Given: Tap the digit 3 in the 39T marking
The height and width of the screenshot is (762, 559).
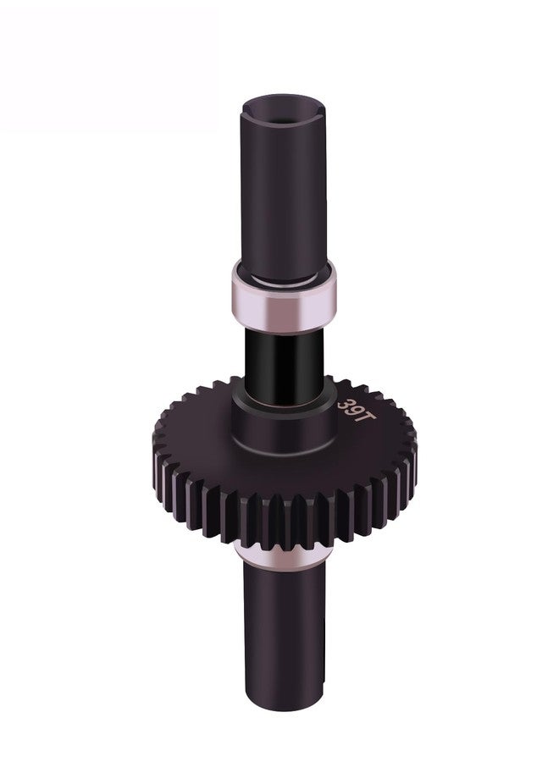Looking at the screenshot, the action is (x=345, y=404).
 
